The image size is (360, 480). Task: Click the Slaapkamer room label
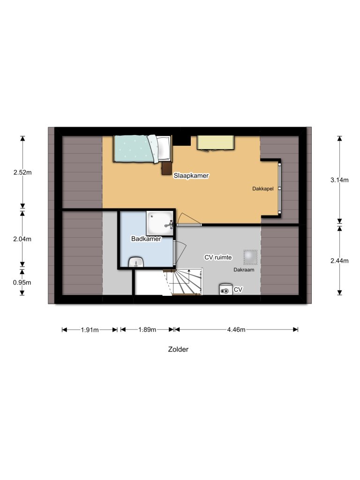tap(191, 176)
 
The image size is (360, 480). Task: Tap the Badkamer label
tap(146, 239)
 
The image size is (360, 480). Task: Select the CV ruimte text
tap(218, 257)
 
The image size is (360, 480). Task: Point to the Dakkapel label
tap(262, 188)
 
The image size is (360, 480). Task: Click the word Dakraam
tap(244, 270)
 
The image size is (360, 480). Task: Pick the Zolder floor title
tap(178, 349)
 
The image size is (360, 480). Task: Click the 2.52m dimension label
tap(22, 172)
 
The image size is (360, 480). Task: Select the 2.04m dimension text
tap(22, 239)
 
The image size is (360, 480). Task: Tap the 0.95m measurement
tap(22, 283)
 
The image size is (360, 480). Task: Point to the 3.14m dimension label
tap(339, 180)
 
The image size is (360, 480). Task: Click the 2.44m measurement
tap(339, 261)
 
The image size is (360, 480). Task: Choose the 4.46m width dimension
tap(236, 330)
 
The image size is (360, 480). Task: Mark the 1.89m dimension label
tap(147, 330)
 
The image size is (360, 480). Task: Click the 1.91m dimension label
tap(90, 330)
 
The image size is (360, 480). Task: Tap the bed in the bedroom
tap(142, 149)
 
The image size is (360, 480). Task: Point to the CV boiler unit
tap(226, 289)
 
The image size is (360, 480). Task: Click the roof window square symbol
tap(250, 257)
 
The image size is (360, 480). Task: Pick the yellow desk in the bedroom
tap(216, 143)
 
